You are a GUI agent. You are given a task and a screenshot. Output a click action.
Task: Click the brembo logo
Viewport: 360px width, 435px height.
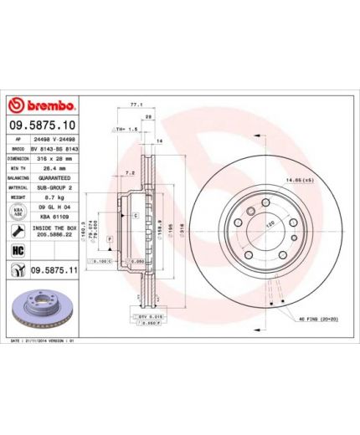pos(42,106)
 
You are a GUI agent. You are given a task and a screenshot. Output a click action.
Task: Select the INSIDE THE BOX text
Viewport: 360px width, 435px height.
pos(54,226)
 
